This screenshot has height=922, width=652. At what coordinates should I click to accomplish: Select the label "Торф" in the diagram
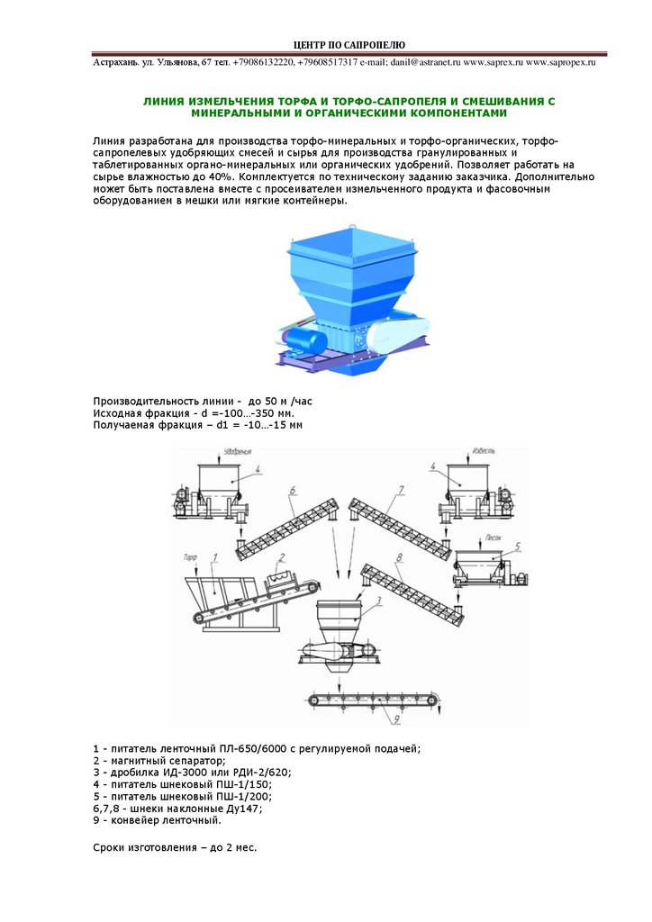coord(190,558)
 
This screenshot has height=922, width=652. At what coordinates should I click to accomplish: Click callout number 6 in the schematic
coord(294,491)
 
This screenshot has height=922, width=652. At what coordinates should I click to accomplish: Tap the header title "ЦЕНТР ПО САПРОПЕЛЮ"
coord(350,45)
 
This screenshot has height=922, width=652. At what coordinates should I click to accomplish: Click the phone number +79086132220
coord(263,62)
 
